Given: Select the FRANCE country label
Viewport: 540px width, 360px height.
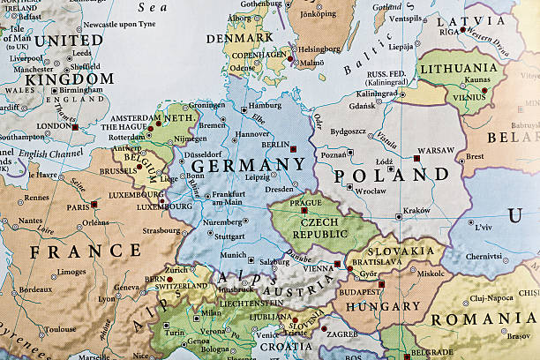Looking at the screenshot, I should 86,251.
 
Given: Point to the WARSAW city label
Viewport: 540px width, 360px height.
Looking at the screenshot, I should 435,150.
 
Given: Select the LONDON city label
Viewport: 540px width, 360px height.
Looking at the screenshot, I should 53,126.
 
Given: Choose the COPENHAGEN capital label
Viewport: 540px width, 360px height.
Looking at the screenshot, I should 256,55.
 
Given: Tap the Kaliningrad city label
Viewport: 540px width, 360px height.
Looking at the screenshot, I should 377,94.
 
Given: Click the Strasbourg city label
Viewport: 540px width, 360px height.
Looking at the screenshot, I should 161,232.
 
